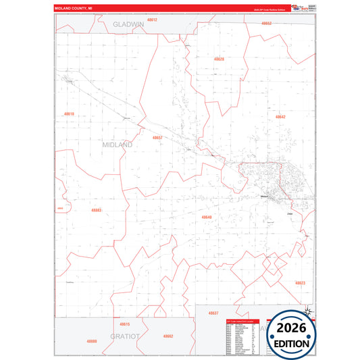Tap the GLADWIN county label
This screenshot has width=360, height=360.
pyautogui.click(x=128, y=24)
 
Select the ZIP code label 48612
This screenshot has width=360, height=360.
pyautogui.click(x=151, y=20)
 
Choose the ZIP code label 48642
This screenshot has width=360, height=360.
pyautogui.click(x=280, y=117)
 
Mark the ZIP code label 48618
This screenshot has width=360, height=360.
pyautogui.click(x=68, y=114)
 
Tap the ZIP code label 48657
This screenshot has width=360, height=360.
pyautogui.click(x=157, y=137)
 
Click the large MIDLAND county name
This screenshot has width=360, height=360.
pyautogui.click(x=118, y=145)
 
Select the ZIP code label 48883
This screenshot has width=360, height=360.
pyautogui.click(x=96, y=210)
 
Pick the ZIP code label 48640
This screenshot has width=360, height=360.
pyautogui.click(x=206, y=217)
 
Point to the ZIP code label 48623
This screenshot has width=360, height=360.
pyautogui.click(x=300, y=282)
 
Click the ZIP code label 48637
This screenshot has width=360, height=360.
pyautogui.click(x=213, y=313)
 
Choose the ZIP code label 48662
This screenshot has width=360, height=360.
pyautogui.click(x=168, y=336)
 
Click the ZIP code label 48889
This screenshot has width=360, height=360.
pyautogui.click(x=92, y=341)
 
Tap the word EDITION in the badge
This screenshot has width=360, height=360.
pyautogui.click(x=292, y=343)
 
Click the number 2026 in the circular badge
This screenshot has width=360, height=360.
pyautogui.click(x=292, y=328)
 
